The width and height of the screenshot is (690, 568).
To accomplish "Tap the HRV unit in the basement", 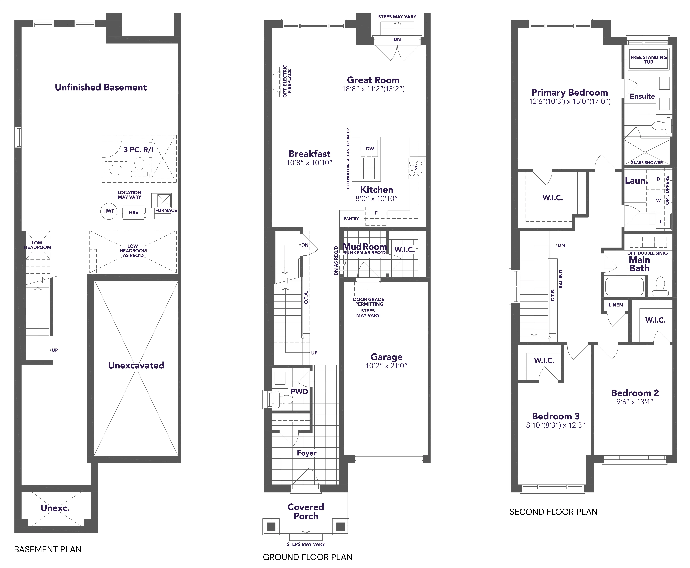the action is pyautogui.click(x=134, y=213).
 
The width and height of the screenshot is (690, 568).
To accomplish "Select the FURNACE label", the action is pyautogui.click(x=166, y=210).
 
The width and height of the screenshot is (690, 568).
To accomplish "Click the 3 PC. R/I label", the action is pyautogui.click(x=138, y=150).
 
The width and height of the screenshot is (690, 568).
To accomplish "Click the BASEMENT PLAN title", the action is pyautogui.click(x=48, y=549).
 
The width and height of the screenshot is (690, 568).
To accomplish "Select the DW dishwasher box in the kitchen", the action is pyautogui.click(x=370, y=149).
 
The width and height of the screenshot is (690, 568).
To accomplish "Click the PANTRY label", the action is pyautogui.click(x=351, y=219).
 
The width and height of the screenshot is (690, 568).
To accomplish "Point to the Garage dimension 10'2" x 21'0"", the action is pyautogui.click(x=387, y=366).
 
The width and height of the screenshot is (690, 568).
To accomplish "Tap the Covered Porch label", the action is pyautogui.click(x=306, y=511).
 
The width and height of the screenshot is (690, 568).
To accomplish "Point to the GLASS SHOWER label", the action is pyautogui.click(x=647, y=163).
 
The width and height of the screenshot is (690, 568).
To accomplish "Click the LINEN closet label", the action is pyautogui.click(x=616, y=305).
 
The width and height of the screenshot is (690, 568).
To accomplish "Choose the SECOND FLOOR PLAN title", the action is pyautogui.click(x=553, y=512).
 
